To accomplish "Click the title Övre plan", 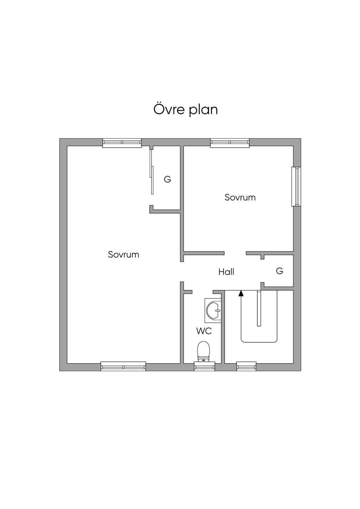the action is pyautogui.click(x=186, y=110).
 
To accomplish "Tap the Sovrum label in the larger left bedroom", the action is pyautogui.click(x=123, y=254).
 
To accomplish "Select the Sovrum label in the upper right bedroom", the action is pyautogui.click(x=240, y=197).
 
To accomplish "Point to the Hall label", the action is pyautogui.click(x=226, y=272).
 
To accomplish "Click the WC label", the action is pyautogui.click(x=204, y=331).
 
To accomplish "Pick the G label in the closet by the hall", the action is pyautogui.click(x=279, y=271).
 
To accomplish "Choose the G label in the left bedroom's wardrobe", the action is pyautogui.click(x=167, y=179).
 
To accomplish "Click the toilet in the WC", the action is pyautogui.click(x=203, y=352).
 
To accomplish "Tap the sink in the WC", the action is pyautogui.click(x=213, y=310).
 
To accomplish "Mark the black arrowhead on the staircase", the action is pyautogui.click(x=241, y=294).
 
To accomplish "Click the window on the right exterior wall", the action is pyautogui.click(x=296, y=186).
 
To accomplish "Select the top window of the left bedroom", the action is pyautogui.click(x=122, y=143).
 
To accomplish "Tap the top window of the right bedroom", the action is pyautogui.click(x=230, y=143).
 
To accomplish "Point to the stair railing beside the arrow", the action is pyautogui.click(x=259, y=308).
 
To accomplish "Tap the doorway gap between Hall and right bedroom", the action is pyautogui.click(x=235, y=253).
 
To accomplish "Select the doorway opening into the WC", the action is pyautogui.click(x=202, y=292).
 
